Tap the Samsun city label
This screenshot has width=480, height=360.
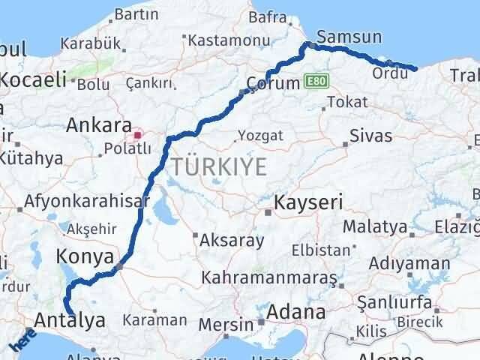[349, 37]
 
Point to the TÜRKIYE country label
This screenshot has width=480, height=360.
[219, 166]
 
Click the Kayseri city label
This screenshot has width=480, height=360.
[308, 202]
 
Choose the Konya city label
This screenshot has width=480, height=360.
[84, 257]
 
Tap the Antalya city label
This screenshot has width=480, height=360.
[70, 321]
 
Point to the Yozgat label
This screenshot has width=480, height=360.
[260, 136]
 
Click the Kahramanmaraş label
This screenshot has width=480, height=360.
[269, 278]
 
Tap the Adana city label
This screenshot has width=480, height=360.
[298, 310]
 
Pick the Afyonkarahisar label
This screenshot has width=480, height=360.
[87, 201]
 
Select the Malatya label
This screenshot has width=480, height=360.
[375, 226]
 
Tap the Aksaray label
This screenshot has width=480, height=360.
[232, 241]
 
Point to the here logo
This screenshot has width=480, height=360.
[22, 340]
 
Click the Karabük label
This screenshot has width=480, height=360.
[87, 42]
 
